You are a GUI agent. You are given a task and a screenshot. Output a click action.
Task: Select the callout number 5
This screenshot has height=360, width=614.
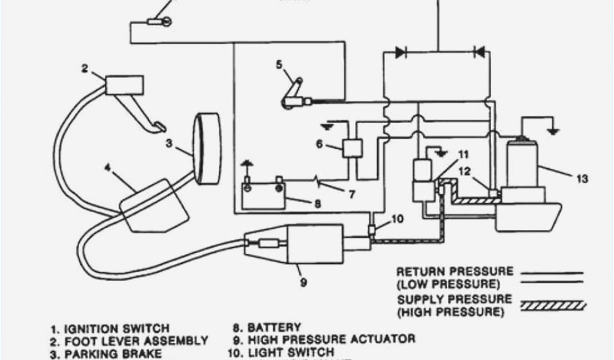pos(279,65)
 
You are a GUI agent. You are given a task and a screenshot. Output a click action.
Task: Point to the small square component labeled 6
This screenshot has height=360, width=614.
pos(351,148)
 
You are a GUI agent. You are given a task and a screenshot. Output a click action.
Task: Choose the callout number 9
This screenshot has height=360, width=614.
pos(303,281)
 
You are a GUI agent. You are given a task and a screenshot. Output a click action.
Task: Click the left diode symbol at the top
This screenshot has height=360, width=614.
pos(401,52)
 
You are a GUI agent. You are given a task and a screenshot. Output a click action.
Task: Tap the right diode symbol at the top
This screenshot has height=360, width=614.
pos(479,52)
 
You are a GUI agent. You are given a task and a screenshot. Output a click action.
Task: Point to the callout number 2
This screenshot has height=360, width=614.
pos(85,68)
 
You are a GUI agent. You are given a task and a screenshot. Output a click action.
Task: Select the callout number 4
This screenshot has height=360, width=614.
pos(107,167)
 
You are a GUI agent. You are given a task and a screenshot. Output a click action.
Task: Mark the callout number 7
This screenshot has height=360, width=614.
pos(351,194)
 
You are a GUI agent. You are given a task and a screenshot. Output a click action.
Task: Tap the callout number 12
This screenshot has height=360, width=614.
pos(465,172)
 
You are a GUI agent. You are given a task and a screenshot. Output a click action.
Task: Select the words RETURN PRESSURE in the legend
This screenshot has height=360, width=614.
pos(455,272)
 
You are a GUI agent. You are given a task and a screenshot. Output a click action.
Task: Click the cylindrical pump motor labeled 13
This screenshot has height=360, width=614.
pos(521,162)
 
